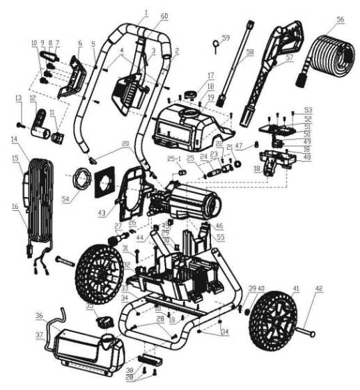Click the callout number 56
341,20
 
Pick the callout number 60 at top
164,15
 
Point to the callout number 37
40,335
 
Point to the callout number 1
146,13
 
